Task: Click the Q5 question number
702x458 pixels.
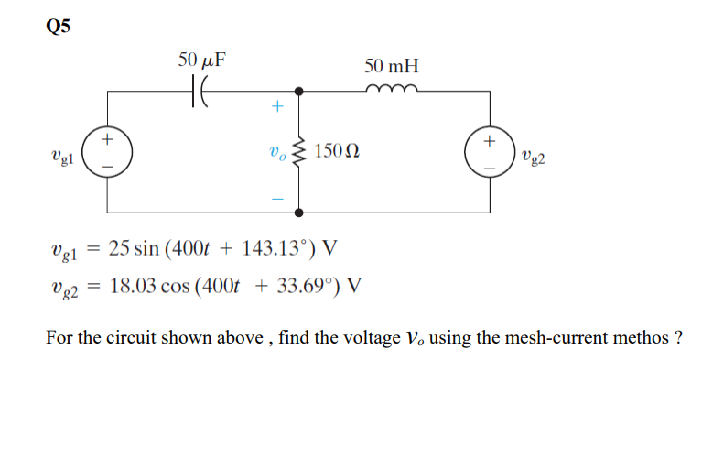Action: (x=57, y=25)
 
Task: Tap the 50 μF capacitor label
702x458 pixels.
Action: (x=202, y=60)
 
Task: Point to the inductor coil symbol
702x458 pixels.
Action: (x=392, y=88)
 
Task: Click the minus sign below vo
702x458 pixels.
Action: (x=276, y=197)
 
